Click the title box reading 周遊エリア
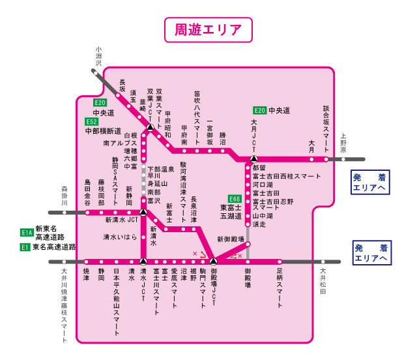208,29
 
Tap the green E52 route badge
91,121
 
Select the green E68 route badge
235,198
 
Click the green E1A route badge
27,232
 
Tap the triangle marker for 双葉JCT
151,128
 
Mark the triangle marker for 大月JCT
254,158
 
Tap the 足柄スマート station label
280,288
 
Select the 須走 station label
259,224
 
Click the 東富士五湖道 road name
231,211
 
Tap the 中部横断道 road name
103,131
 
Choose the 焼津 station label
86,274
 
